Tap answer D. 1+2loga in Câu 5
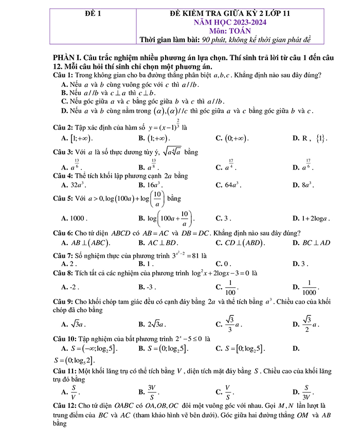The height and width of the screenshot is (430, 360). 311,218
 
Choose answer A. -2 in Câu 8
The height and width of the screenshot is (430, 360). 70,287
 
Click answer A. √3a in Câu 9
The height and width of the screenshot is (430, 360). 74,324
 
